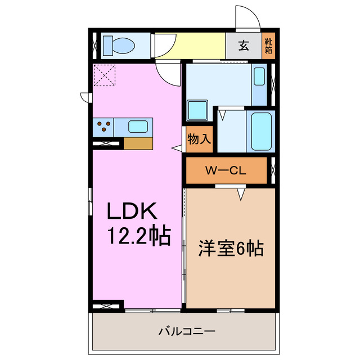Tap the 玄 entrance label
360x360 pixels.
[x=244, y=46]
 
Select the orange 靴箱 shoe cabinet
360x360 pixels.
[x=269, y=46]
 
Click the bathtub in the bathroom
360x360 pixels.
[x=261, y=131]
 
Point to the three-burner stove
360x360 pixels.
[x=103, y=127]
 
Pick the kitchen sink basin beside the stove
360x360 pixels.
[x=138, y=127]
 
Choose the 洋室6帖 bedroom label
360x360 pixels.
[x=231, y=247]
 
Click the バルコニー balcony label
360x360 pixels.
[x=186, y=331]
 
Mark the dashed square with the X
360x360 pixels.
[x=105, y=75]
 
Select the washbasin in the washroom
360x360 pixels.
[x=259, y=76]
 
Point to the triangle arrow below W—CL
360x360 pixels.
[x=241, y=194]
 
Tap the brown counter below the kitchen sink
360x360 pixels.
[x=138, y=143]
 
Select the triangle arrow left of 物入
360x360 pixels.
[x=177, y=148]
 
